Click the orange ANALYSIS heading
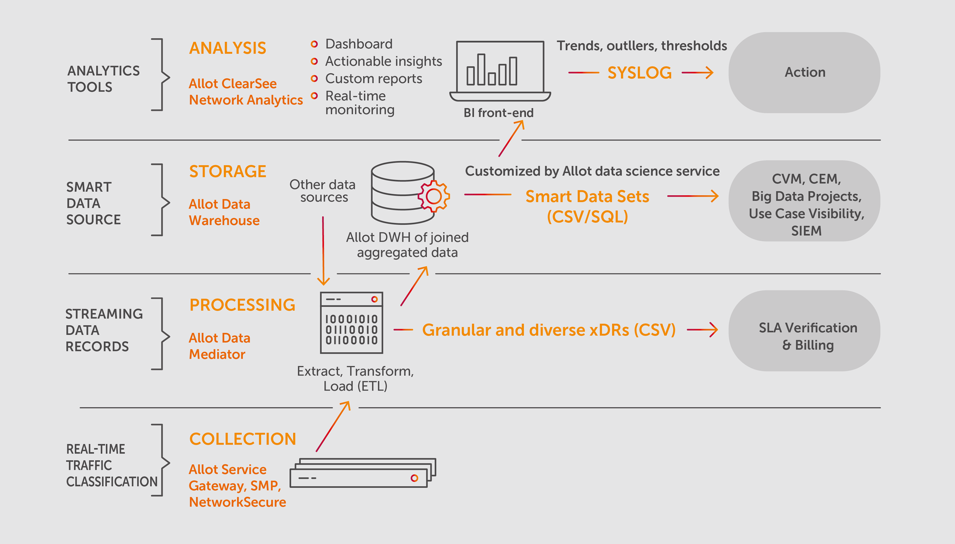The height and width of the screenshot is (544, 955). [228, 48]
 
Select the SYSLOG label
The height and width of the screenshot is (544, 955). [639, 72]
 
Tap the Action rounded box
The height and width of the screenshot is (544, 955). [804, 72]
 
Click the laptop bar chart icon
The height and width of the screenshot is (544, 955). [500, 70]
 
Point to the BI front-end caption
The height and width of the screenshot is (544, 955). [498, 113]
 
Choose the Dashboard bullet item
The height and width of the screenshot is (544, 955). [359, 44]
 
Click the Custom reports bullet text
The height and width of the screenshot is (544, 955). [374, 78]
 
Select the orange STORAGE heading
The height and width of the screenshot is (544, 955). [228, 171]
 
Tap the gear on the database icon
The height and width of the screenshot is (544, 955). [433, 196]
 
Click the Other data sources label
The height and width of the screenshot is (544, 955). [323, 190]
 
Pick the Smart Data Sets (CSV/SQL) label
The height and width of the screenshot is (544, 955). [587, 206]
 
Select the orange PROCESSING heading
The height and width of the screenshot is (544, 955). [242, 305]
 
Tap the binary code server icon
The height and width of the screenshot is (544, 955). [352, 323]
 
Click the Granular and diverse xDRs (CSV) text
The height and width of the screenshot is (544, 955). [548, 330]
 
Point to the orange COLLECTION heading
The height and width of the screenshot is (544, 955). [243, 439]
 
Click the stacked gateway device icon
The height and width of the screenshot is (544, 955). [363, 473]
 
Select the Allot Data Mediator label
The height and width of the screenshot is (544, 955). [220, 346]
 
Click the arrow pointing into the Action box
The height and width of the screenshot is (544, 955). [697, 72]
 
